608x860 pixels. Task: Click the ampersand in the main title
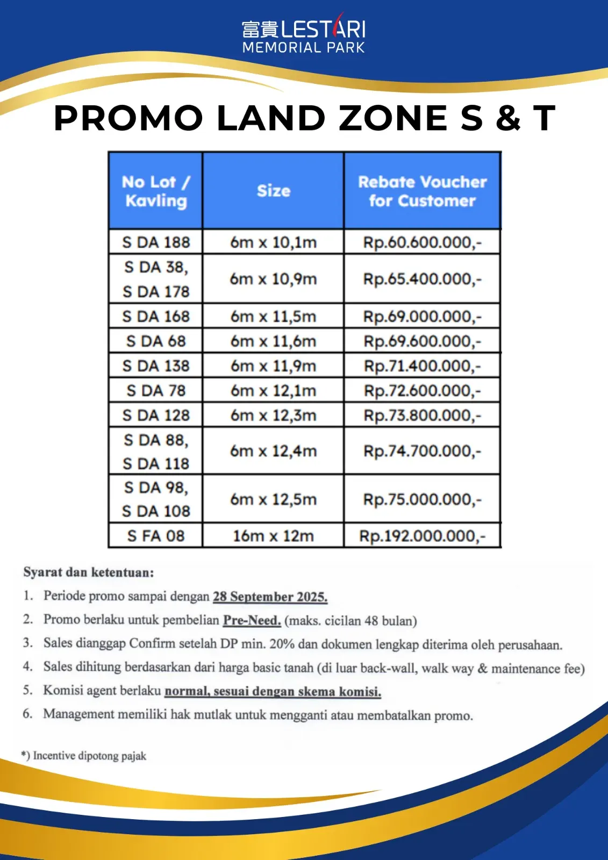pos(508,118)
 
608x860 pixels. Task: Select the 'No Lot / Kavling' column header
pos(156,191)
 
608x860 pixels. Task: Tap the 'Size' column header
pos(274,191)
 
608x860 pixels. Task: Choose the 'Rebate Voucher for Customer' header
pos(423,191)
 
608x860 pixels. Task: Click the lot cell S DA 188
pos(156,242)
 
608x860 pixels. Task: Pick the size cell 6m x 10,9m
pos(274,279)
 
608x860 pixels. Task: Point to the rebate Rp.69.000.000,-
pos(423,317)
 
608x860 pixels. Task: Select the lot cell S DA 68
pos(156,341)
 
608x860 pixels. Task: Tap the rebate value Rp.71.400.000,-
pos(423,366)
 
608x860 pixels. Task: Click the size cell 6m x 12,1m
pos(274,391)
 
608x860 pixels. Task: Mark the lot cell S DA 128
pos(156,415)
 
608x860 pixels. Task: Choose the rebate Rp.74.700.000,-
pos(423,451)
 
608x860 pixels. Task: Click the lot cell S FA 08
pos(156,536)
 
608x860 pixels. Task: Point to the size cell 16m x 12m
pos(274,536)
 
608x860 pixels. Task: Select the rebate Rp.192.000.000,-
pos(423,536)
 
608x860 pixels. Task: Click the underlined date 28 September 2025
pos(270,597)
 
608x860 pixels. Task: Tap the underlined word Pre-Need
pos(252,620)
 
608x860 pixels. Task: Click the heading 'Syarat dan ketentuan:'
pos(89,572)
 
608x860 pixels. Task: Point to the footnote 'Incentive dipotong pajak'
pos(89,756)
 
